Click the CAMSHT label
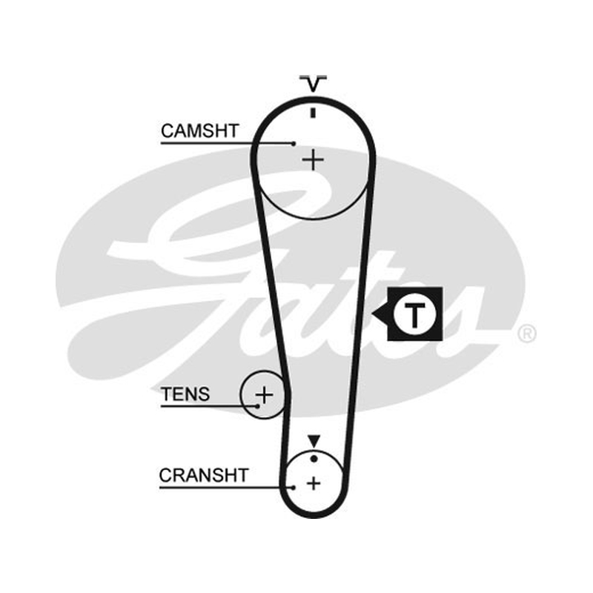pos(199,131)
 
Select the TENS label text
pos(185,394)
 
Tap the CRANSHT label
pos(203,475)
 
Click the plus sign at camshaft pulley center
pos(313,160)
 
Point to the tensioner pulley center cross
pos(265,395)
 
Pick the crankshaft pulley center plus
pos(314,483)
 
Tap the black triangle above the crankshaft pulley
pos(314,441)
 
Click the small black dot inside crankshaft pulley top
pos(314,459)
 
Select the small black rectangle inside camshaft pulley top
pos(313,113)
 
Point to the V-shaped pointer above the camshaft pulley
pos(313,84)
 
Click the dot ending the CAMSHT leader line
pos(294,143)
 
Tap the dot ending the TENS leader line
pos(257,406)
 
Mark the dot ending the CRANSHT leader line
pos(293,488)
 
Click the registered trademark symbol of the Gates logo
pos(527,334)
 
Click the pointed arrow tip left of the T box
pos(373,314)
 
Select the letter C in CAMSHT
pos(168,131)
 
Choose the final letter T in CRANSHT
pos(242,475)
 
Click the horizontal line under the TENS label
pos(209,406)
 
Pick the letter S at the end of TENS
pos(203,394)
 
